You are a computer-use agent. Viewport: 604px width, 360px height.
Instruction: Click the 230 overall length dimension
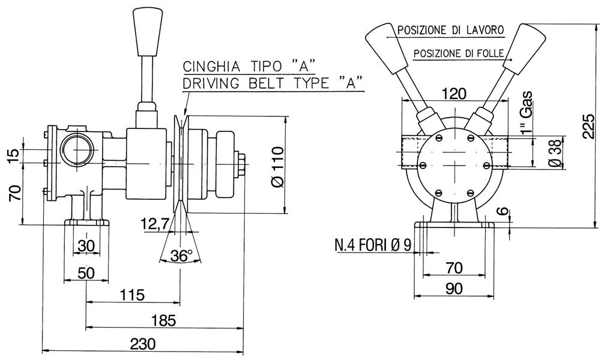click(142, 344)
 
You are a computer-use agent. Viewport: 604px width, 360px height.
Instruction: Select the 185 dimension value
click(163, 320)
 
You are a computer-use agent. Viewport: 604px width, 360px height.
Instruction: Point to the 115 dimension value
click(133, 295)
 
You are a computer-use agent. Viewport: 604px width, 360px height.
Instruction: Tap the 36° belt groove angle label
click(181, 256)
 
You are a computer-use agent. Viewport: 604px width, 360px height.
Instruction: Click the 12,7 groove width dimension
click(154, 224)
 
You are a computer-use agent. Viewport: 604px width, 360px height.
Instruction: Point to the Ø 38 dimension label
click(556, 154)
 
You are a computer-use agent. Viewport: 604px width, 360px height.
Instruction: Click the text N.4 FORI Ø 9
click(372, 245)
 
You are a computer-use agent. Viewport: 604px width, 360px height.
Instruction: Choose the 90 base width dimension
click(454, 289)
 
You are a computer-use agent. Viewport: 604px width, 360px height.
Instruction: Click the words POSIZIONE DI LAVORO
click(450, 29)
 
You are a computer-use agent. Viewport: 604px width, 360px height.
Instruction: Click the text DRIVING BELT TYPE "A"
click(274, 83)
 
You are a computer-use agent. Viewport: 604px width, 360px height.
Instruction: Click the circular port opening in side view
click(76, 149)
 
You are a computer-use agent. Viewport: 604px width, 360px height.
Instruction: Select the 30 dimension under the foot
click(86, 247)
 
